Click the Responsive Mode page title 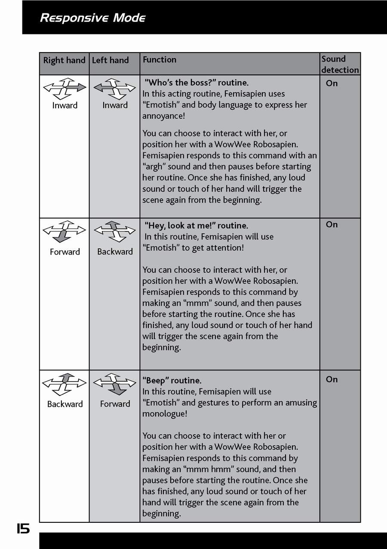click(x=92, y=18)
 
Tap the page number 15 click(x=23, y=528)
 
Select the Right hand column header click(x=64, y=60)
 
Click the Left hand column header click(x=111, y=60)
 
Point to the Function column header click(x=160, y=60)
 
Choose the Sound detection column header click(x=340, y=64)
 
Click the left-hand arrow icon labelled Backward click(x=115, y=231)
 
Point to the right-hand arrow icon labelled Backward click(x=64, y=383)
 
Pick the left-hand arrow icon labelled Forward click(x=115, y=383)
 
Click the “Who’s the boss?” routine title click(x=197, y=83)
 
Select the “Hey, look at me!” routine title click(x=197, y=225)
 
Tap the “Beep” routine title click(x=172, y=381)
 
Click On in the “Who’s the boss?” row click(x=332, y=83)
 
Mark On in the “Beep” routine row click(x=332, y=379)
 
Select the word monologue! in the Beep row click(x=165, y=414)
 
